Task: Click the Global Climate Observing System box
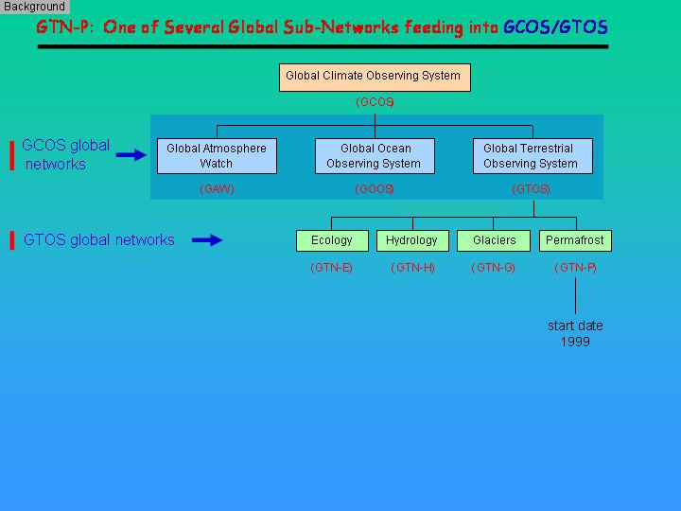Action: coord(375,78)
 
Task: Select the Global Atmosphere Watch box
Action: coord(217,156)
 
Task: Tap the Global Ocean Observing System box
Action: coord(375,156)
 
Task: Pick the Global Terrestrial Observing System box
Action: coord(533,156)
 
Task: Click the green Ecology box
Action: coord(332,240)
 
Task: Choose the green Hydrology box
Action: coord(412,240)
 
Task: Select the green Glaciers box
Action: coord(494,240)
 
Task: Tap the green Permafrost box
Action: coord(575,240)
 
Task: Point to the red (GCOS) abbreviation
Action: coord(375,102)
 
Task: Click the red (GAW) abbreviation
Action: coord(218,189)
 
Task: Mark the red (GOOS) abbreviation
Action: coord(375,189)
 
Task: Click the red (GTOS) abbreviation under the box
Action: coord(532,189)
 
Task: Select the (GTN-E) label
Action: coord(331,268)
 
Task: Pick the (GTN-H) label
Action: coord(412,268)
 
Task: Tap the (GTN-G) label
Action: coord(493,268)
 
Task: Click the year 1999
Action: coord(575,342)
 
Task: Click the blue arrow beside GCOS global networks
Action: coord(131,154)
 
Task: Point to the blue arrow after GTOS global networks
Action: coord(207,239)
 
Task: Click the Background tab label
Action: coord(34,7)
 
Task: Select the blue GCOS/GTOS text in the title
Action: coord(555,27)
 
